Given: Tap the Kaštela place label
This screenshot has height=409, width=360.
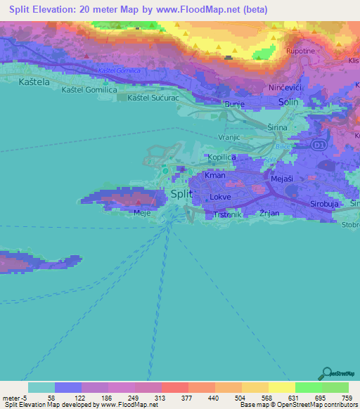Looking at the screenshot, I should point(21,83).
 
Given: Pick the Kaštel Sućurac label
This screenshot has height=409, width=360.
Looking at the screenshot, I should point(155,98).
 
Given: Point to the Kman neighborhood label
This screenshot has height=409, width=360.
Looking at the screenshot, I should point(215,175).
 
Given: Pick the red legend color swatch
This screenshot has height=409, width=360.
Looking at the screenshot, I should point(174,387).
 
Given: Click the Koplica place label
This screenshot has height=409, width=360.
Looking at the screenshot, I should point(220,157).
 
